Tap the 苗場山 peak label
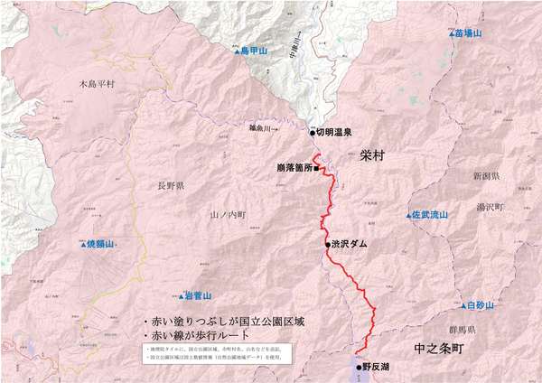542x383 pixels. coord(468,33)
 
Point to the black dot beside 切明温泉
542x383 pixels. coord(313,133)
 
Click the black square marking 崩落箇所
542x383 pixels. coord(316,168)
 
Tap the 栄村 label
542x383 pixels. coord(371,155)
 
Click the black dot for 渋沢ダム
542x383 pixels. coord(328,244)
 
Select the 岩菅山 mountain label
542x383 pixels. coord(195,295)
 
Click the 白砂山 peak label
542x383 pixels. coord(481,306)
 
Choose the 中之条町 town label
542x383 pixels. coord(438,347)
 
